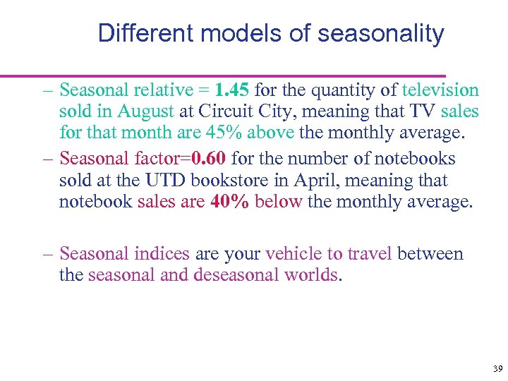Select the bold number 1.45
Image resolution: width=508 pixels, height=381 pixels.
[x=232, y=90]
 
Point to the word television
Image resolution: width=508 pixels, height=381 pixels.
[x=440, y=90]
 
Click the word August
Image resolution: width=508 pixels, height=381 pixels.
[x=145, y=111]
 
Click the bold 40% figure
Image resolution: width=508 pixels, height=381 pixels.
[x=229, y=201]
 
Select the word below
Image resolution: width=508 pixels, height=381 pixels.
[x=279, y=201]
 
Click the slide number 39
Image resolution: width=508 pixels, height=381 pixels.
[x=497, y=369]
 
